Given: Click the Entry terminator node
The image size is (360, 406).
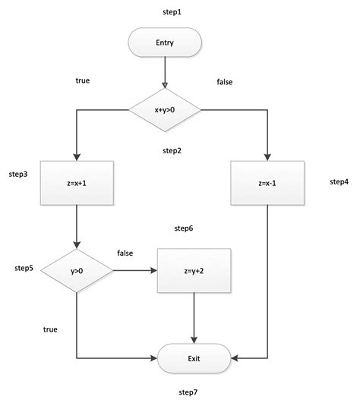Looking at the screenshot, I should pyautogui.click(x=165, y=43).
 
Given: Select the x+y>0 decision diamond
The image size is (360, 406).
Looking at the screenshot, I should pyautogui.click(x=165, y=111).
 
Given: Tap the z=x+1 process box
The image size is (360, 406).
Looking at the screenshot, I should pyautogui.click(x=77, y=183).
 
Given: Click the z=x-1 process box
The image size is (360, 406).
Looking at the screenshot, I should pyautogui.click(x=267, y=183).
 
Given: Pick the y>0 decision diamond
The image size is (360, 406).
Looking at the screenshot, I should pyautogui.click(x=77, y=270).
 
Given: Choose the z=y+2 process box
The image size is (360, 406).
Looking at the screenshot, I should pyautogui.click(x=194, y=270).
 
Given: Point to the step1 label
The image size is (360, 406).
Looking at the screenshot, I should pyautogui.click(x=173, y=13).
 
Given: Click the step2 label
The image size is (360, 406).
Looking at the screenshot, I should pyautogui.click(x=172, y=150).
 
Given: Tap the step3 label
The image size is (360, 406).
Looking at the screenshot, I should pyautogui.click(x=19, y=175).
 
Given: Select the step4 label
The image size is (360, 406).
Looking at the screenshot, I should pyautogui.click(x=339, y=182).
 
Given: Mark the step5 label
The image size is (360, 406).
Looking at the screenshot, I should pyautogui.click(x=24, y=268).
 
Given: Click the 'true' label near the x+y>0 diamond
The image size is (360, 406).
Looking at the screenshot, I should pyautogui.click(x=83, y=80).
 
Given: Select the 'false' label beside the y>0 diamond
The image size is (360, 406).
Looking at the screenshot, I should pyautogui.click(x=126, y=252).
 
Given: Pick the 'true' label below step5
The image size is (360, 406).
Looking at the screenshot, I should pyautogui.click(x=50, y=329).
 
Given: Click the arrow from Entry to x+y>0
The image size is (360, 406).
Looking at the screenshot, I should pyautogui.click(x=165, y=74).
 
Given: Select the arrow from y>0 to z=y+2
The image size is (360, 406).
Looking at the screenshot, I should pyautogui.click(x=134, y=270).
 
